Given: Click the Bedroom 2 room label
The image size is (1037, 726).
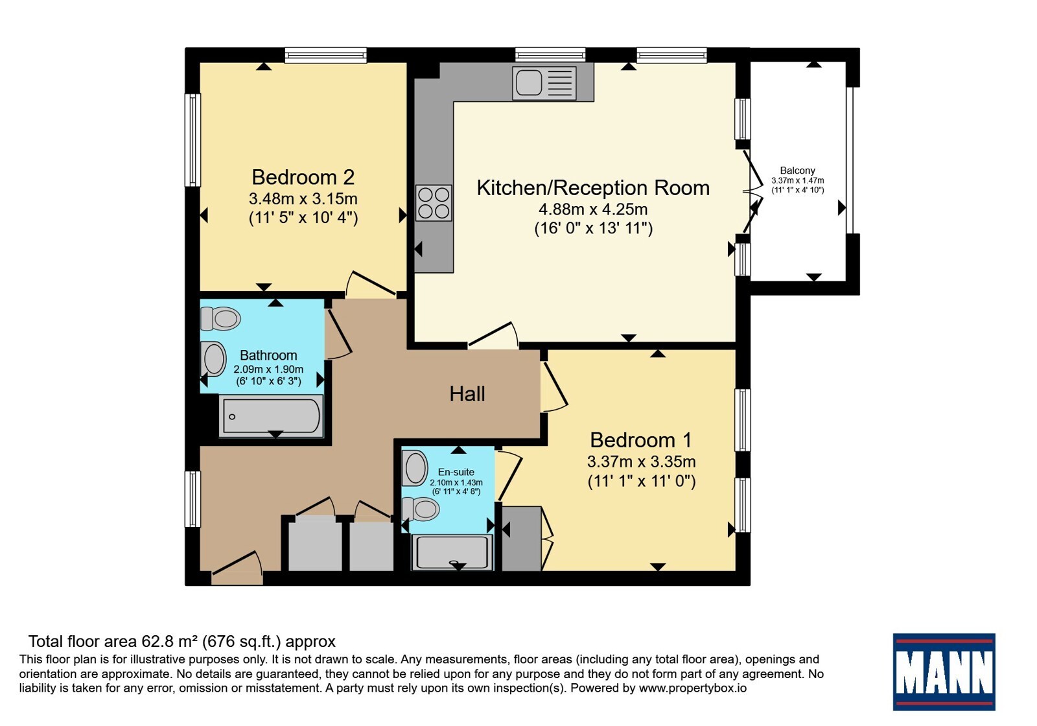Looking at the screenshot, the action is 303,178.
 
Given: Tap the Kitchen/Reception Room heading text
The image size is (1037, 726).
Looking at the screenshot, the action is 593,188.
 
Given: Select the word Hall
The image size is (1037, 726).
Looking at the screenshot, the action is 467,394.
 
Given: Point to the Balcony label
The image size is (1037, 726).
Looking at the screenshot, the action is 797,170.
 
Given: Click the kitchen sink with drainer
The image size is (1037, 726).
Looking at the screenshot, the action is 544,84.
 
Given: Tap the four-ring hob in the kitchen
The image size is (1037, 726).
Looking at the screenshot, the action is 434,203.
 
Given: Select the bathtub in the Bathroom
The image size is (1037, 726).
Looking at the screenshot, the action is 272,416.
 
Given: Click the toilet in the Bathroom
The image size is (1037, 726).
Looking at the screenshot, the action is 220,318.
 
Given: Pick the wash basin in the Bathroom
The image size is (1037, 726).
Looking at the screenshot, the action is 213,359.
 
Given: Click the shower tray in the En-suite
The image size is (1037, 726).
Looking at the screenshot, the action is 452,552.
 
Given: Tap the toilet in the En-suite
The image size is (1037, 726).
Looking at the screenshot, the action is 421,509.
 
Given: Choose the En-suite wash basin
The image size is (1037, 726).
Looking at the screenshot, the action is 415,467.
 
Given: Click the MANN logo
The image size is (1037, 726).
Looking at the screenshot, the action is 944,672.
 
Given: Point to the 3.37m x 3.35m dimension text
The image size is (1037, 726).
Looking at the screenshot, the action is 641,462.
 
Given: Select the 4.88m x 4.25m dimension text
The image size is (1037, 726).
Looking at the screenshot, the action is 593,209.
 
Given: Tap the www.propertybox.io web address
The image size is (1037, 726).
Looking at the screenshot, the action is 693,688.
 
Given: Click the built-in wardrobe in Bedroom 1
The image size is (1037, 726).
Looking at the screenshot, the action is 522,539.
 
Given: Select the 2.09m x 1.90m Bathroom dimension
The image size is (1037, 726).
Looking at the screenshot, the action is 268,369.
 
